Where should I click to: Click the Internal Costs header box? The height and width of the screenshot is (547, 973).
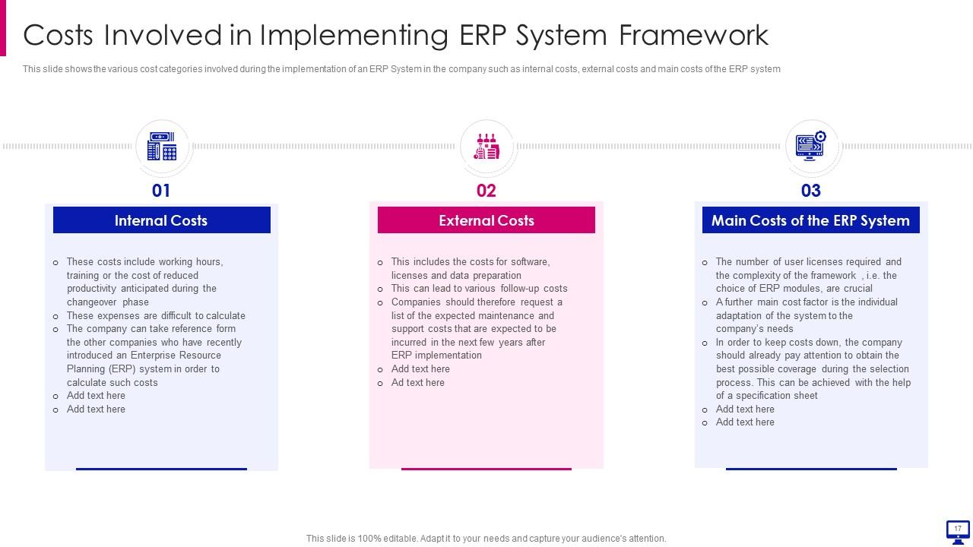tap(162, 220)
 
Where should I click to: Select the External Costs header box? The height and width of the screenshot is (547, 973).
tap(486, 220)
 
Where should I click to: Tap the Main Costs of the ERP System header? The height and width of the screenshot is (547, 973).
tap(810, 220)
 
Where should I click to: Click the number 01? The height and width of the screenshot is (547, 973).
tap(161, 191)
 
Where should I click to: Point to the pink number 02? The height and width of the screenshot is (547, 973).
tap(486, 191)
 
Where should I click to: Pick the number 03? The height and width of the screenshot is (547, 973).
tap(810, 191)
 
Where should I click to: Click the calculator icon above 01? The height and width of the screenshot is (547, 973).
tap(162, 147)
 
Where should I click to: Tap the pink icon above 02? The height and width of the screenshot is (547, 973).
tap(486, 147)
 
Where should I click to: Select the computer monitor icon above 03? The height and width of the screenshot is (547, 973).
tap(810, 146)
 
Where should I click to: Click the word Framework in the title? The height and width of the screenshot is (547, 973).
tap(694, 35)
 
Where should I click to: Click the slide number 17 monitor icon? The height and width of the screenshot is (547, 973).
tap(958, 532)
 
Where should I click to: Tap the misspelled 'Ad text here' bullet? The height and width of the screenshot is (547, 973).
tap(417, 382)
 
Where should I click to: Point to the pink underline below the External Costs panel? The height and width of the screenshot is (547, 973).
tap(486, 469)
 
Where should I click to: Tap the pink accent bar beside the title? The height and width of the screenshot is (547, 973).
tap(3, 28)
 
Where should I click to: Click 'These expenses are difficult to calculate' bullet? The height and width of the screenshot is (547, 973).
tap(156, 315)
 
